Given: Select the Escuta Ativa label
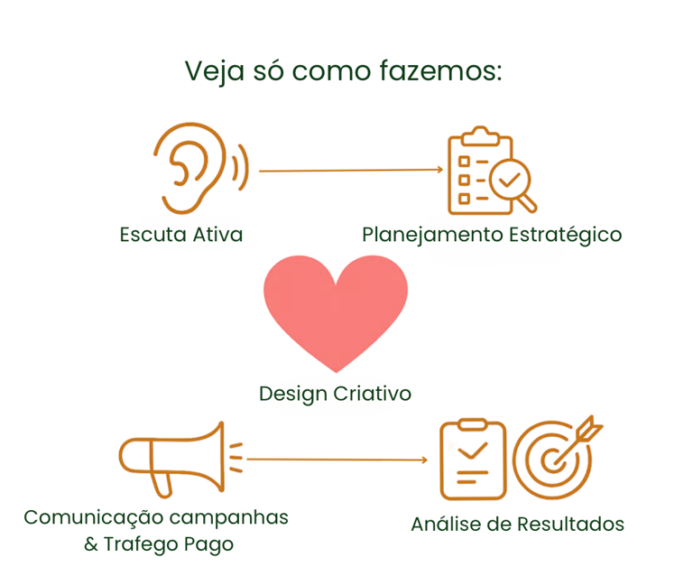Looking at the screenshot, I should [x=181, y=235].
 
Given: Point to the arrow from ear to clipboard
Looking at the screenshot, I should [x=351, y=170].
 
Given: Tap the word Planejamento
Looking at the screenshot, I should [x=431, y=235].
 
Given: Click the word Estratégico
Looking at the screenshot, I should [x=566, y=235].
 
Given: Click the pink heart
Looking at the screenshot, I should [x=336, y=311].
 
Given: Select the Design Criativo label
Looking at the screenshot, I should [x=335, y=394].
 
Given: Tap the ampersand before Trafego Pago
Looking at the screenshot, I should [x=90, y=545].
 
